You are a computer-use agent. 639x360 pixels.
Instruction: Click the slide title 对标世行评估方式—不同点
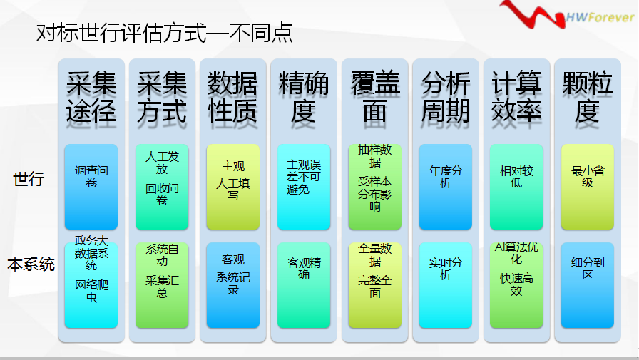[164, 33]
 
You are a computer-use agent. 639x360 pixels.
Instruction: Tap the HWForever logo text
[600, 17]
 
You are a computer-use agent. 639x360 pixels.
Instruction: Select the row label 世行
[29, 179]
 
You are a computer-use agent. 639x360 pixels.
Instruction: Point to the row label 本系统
[31, 264]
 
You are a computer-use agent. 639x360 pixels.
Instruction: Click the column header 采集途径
[91, 97]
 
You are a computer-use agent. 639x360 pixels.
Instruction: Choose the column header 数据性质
[232, 97]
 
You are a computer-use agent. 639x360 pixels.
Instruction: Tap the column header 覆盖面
[374, 97]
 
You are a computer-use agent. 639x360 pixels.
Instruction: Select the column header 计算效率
[516, 97]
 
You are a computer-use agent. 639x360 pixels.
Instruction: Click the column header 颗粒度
[587, 97]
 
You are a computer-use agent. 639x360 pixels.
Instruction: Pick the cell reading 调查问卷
[91, 187]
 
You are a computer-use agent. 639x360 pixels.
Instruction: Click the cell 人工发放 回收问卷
[162, 187]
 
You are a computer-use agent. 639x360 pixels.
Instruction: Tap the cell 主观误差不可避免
[304, 187]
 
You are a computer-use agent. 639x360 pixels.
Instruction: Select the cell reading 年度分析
[446, 187]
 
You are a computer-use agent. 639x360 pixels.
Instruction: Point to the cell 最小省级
[587, 187]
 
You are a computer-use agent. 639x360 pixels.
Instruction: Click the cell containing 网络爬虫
[91, 285]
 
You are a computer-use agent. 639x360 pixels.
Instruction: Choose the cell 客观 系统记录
[232, 285]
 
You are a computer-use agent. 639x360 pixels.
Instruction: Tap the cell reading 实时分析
[446, 285]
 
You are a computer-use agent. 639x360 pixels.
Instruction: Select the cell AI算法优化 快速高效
[516, 285]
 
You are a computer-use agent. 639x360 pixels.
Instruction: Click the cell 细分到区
[587, 285]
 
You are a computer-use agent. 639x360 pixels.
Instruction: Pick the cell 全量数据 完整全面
[374, 285]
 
